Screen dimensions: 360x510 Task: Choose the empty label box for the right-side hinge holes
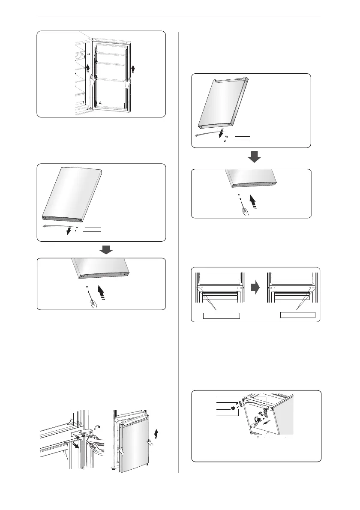(297, 315)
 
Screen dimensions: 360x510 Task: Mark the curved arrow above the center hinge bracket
(98, 426)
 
